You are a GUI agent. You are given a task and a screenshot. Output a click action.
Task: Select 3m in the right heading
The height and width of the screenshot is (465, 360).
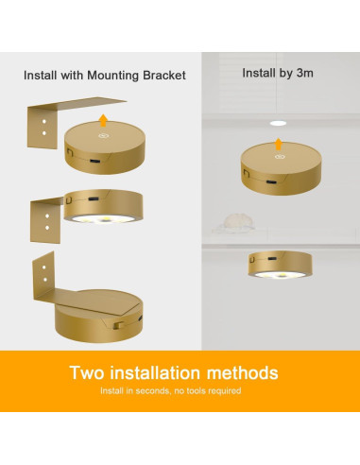pyautogui.click(x=303, y=72)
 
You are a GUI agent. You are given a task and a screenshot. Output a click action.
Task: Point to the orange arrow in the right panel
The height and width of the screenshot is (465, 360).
pyautogui.click(x=278, y=145)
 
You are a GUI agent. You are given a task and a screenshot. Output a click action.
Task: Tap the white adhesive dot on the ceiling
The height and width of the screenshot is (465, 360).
pyautogui.click(x=277, y=123)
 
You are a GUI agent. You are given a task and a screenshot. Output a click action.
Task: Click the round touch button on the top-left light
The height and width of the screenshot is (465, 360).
pyautogui.click(x=101, y=137)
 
